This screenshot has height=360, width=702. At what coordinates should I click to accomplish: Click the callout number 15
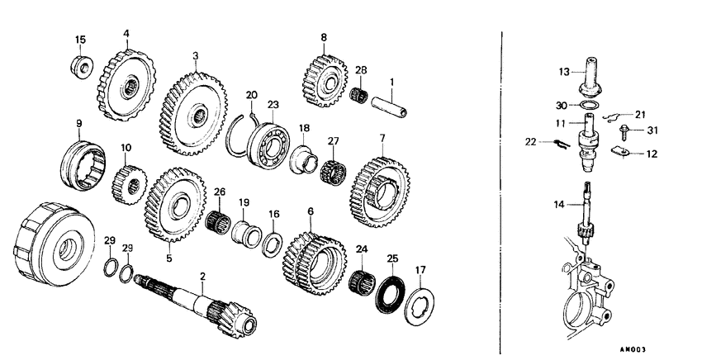80,40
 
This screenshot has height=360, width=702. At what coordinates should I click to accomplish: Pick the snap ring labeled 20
236,132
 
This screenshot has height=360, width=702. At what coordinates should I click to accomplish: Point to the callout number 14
561,202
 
